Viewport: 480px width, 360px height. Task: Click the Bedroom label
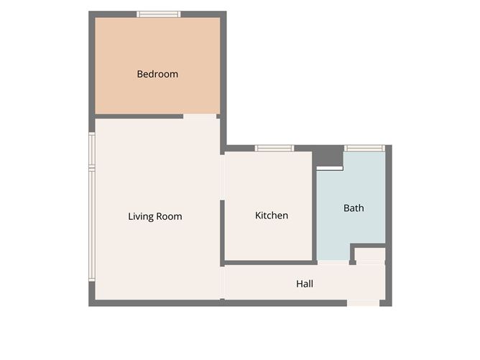coord(157,74)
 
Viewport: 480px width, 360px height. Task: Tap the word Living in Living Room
coord(141,217)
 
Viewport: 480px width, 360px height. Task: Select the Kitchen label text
coord(272,216)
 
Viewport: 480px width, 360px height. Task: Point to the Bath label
coord(354,208)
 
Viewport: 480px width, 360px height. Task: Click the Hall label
coord(305,284)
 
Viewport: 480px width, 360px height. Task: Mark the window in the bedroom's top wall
coord(159,14)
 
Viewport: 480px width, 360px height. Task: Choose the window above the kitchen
coord(274,148)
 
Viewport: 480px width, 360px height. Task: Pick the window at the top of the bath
coord(364,148)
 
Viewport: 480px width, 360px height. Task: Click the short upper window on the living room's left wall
coord(92,149)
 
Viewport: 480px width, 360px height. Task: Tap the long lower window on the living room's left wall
coord(92,224)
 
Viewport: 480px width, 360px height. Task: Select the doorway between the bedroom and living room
coord(200,116)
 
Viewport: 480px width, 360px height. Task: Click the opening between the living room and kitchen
coord(222,177)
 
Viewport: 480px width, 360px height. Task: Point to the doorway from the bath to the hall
coord(333,263)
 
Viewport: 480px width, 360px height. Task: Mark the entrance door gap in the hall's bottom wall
coord(363,303)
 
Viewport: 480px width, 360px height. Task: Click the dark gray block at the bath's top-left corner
coord(328,156)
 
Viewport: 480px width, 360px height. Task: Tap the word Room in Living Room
coord(170,217)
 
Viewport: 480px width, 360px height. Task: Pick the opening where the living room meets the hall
coord(222,282)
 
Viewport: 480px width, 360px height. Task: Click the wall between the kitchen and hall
coord(269,263)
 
